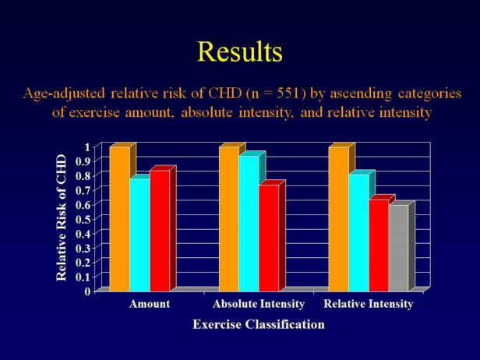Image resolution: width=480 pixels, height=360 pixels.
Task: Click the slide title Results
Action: tap(239, 51)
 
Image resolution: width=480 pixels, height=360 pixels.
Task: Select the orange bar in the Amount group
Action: tap(119, 218)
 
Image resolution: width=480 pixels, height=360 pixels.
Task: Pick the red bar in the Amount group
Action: tap(159, 230)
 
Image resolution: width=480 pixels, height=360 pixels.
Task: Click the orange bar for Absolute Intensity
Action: tap(228, 218)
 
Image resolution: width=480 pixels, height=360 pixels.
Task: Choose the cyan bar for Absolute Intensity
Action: tap(249, 222)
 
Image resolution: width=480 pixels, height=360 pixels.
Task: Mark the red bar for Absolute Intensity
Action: tap(268, 237)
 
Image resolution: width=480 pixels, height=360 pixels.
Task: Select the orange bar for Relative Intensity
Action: tap(338, 218)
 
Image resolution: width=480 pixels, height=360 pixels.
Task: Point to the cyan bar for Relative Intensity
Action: tap(358, 231)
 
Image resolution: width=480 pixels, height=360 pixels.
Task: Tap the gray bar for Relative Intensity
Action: tap(398, 247)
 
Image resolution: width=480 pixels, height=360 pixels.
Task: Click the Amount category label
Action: tap(149, 304)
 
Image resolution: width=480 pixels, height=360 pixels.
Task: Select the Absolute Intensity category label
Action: tap(258, 304)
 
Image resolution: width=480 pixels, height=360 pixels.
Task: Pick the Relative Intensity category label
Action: tap(368, 304)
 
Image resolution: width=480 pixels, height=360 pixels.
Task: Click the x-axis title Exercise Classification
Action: tap(258, 324)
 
